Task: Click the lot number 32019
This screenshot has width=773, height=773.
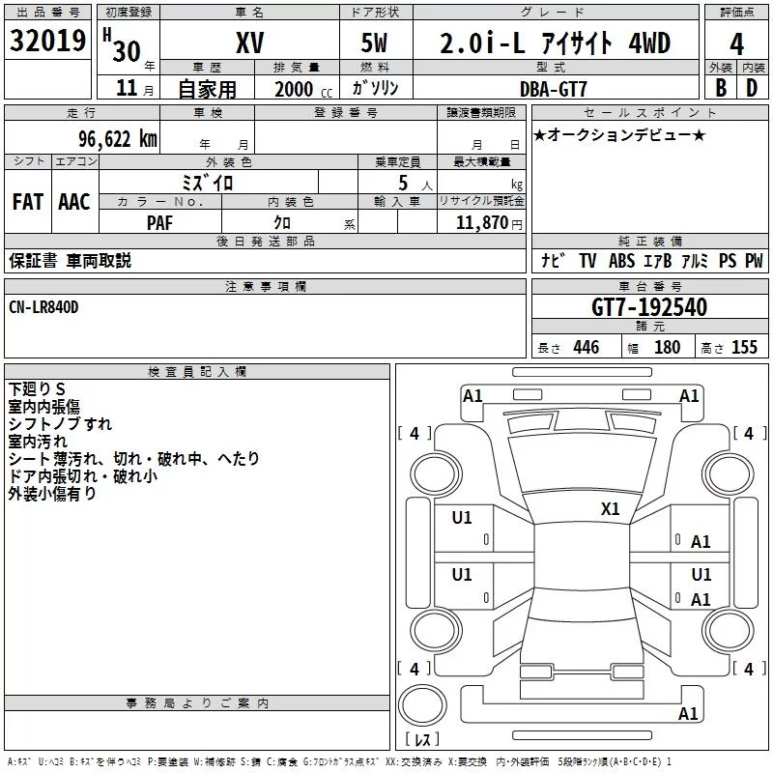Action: pyautogui.click(x=47, y=41)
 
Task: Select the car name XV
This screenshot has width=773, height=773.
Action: pyautogui.click(x=250, y=43)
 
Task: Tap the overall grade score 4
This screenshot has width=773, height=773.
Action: pyautogui.click(x=736, y=44)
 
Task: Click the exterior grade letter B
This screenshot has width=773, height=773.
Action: pyautogui.click(x=721, y=88)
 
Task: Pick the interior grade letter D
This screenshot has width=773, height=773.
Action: pyautogui.click(x=752, y=88)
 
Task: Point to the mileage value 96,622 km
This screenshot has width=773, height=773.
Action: pyautogui.click(x=118, y=139)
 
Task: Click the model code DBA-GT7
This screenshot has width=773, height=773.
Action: pyautogui.click(x=553, y=89)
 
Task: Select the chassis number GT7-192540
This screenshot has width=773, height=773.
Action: pyautogui.click(x=649, y=307)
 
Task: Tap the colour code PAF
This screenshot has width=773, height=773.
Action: pyautogui.click(x=159, y=223)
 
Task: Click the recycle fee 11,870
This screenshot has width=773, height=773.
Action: pyautogui.click(x=481, y=223)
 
